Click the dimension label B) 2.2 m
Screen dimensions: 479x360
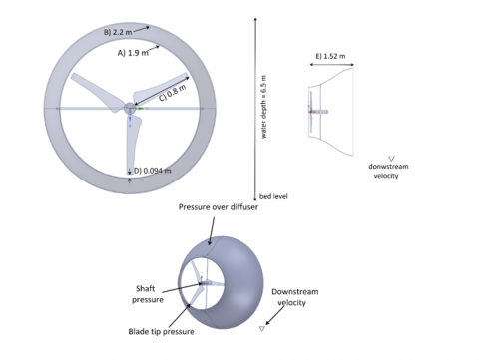118,32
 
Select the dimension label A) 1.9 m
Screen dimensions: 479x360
133,53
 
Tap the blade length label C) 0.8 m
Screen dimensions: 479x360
172,93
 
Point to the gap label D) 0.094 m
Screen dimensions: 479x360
153,171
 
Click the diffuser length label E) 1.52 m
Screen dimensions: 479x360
330,56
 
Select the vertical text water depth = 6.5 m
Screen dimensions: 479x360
263,107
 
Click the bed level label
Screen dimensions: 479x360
273,196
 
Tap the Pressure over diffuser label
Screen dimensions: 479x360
219,207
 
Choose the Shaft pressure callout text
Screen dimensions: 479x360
147,294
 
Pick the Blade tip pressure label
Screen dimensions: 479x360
161,331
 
